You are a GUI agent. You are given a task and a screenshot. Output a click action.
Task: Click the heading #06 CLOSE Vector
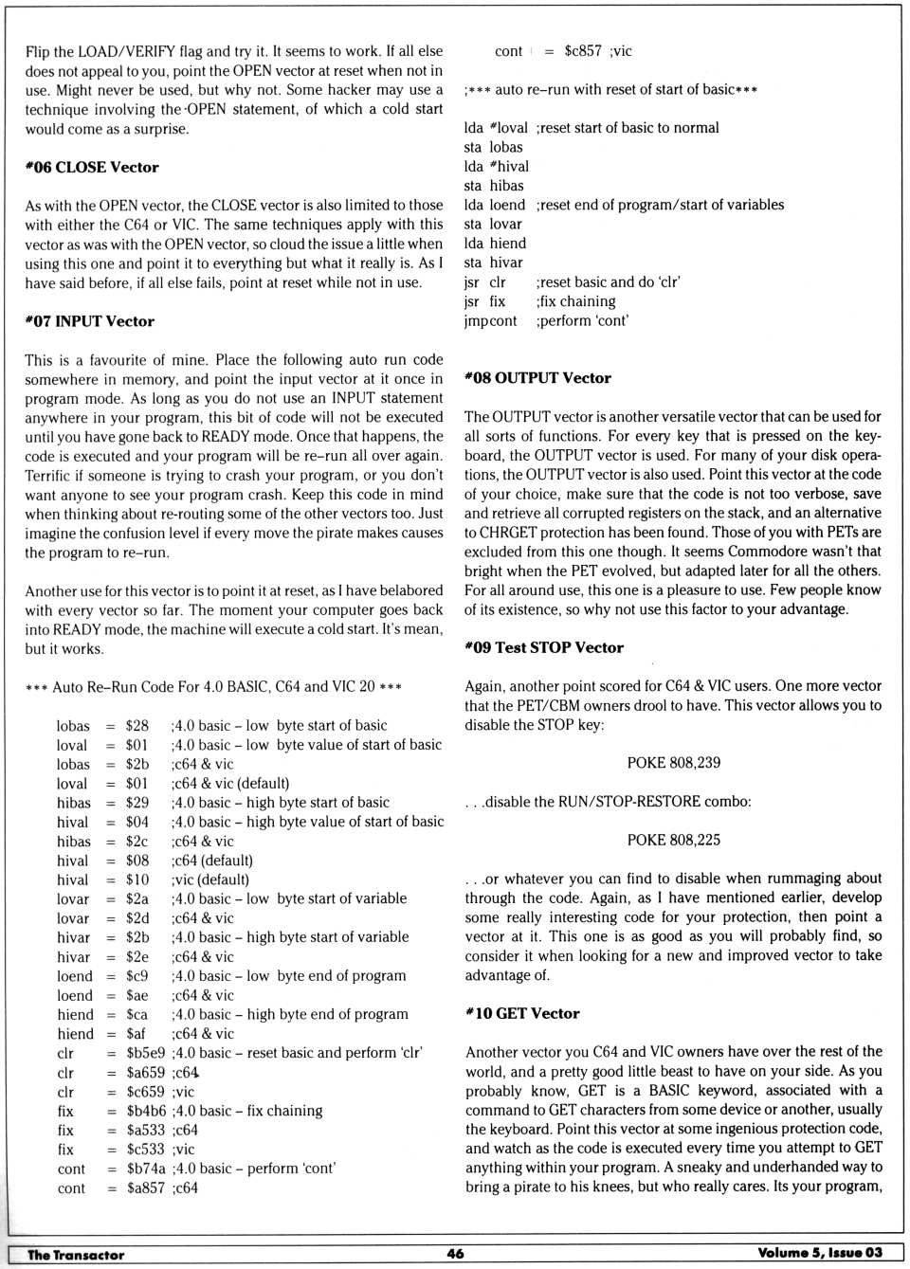[x=92, y=167]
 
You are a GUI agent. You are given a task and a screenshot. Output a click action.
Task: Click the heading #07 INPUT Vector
[x=90, y=321]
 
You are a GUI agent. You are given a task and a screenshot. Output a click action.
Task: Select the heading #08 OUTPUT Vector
[x=537, y=377]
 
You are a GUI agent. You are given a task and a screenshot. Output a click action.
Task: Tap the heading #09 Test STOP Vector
[x=544, y=647]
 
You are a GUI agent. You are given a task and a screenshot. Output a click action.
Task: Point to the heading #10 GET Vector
[x=522, y=1013]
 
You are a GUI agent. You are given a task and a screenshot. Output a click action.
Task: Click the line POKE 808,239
[x=673, y=763]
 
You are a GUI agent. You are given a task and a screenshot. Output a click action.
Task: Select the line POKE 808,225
[x=673, y=840]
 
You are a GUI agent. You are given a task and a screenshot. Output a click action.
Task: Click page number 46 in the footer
[x=455, y=1253]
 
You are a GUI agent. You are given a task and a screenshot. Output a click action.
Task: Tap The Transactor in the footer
[x=76, y=1255]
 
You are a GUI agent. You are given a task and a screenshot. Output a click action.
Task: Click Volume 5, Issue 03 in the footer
[x=819, y=1253]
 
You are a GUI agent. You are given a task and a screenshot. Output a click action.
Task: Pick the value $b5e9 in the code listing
[x=146, y=1053]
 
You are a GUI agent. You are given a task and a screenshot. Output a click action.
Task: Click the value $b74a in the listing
[x=146, y=1169]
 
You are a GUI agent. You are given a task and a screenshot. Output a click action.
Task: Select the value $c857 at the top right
[x=583, y=51]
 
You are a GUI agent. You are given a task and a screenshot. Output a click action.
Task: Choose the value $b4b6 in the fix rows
[x=146, y=1111]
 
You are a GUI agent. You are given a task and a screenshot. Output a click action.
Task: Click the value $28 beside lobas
[x=137, y=726]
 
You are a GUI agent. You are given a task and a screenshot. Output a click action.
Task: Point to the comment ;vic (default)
[x=210, y=879]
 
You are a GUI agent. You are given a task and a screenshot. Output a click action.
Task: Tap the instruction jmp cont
[x=490, y=320]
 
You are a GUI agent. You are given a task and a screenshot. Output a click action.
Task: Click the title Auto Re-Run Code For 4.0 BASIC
[x=213, y=686]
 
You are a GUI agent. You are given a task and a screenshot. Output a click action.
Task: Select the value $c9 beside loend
[x=137, y=976]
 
